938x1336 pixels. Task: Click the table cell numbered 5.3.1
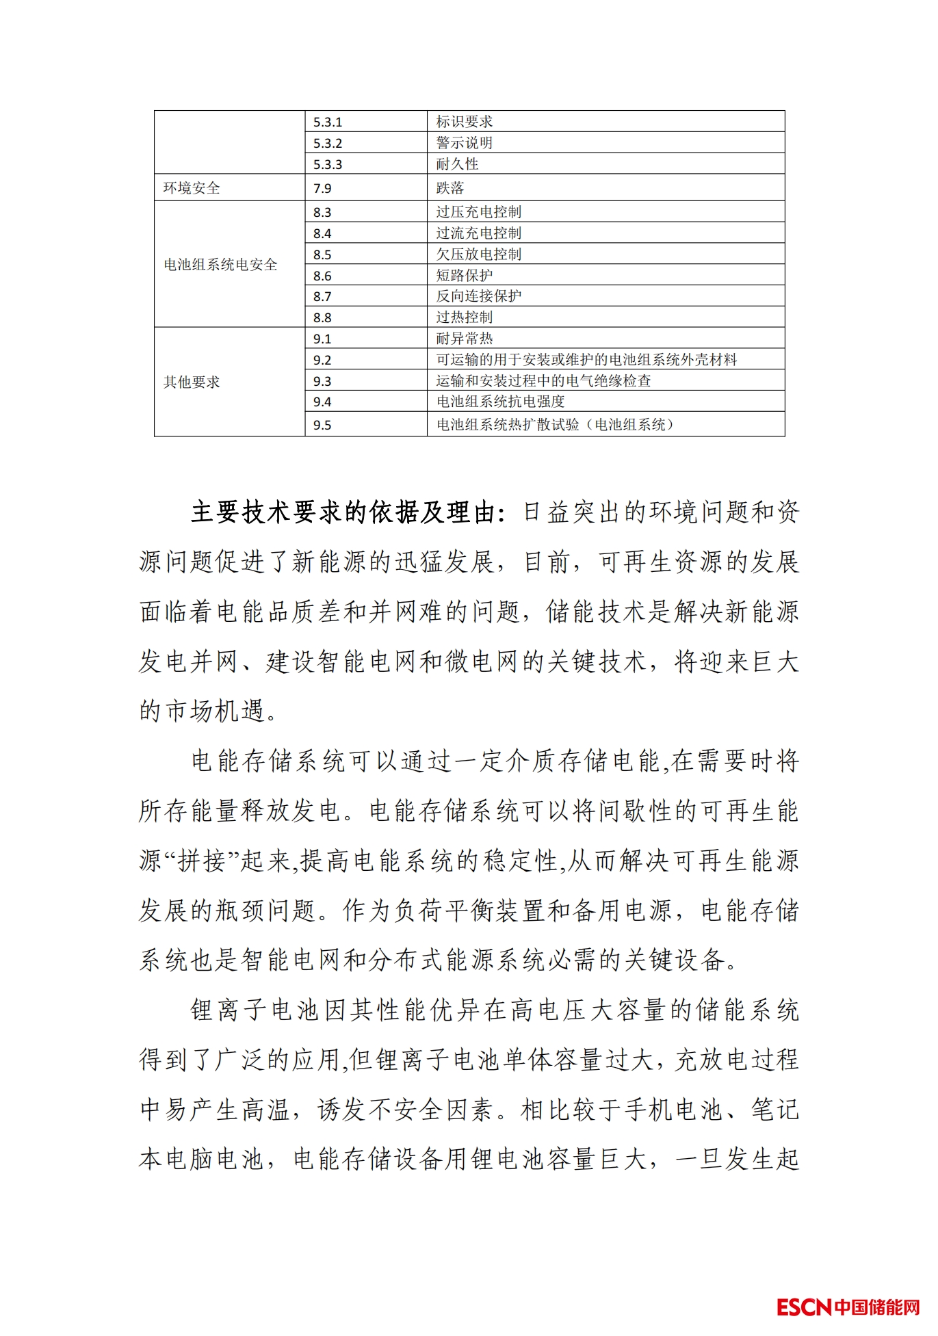click(x=328, y=122)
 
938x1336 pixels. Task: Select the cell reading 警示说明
click(x=465, y=143)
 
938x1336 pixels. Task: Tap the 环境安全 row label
click(x=192, y=188)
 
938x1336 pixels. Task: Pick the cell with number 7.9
click(x=322, y=188)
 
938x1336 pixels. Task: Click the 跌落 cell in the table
click(x=450, y=188)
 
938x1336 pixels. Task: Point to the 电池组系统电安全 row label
click(x=220, y=265)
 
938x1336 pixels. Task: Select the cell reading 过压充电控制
click(x=479, y=212)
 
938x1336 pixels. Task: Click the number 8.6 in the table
click(x=322, y=276)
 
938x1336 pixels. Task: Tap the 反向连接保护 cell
click(x=479, y=296)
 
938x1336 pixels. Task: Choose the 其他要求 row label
click(x=192, y=382)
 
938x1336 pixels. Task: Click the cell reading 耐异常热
click(x=465, y=339)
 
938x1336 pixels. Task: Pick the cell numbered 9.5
click(x=322, y=425)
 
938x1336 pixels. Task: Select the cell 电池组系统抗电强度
click(x=500, y=402)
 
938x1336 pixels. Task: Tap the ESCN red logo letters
click(x=804, y=1307)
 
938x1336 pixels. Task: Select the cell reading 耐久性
click(x=457, y=164)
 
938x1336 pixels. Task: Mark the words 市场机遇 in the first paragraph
click(x=216, y=711)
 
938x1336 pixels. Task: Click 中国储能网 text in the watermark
click(x=877, y=1307)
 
